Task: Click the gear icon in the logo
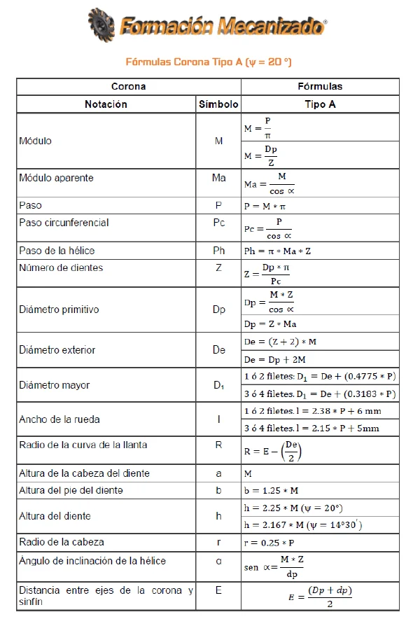pyautogui.click(x=102, y=27)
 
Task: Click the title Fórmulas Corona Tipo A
pyautogui.click(x=208, y=62)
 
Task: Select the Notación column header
pyautogui.click(x=106, y=104)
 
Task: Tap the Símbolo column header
pyautogui.click(x=218, y=104)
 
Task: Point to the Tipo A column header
pyautogui.click(x=320, y=104)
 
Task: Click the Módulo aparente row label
pyautogui.click(x=56, y=178)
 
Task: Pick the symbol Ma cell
pyautogui.click(x=218, y=178)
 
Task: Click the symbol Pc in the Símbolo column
pyautogui.click(x=218, y=223)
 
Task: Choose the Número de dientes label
pyautogui.click(x=61, y=267)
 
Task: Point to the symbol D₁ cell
pyautogui.click(x=218, y=385)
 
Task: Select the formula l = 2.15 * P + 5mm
pyautogui.click(x=320, y=428)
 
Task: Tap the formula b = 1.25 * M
pyautogui.click(x=271, y=489)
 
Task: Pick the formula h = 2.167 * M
pyautogui.click(x=301, y=524)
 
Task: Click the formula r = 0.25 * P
pyautogui.click(x=271, y=542)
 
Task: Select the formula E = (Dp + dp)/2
pyautogui.click(x=320, y=597)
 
